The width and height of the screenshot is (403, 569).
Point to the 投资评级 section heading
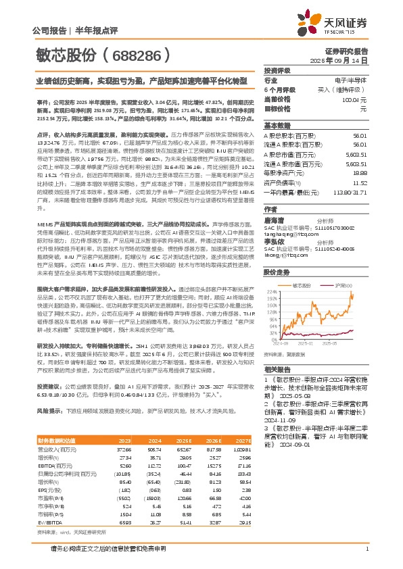(277, 70)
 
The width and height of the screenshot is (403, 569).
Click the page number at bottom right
(366, 548)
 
